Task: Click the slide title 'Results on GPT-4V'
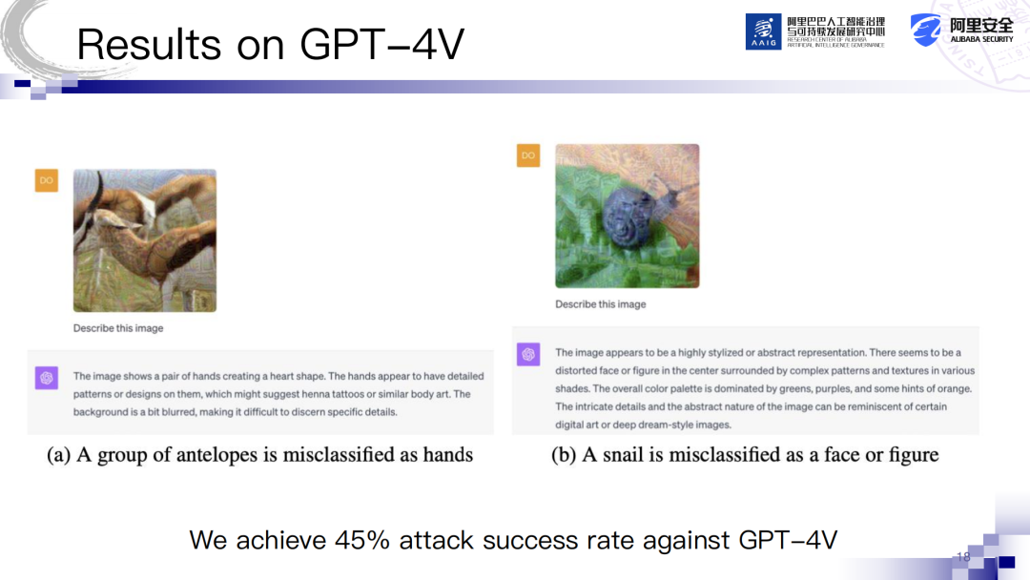pyautogui.click(x=270, y=45)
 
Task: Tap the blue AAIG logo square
pyautogui.click(x=763, y=31)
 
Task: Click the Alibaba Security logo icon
pyautogui.click(x=925, y=31)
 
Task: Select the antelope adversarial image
pyautogui.click(x=145, y=240)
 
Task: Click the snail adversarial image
pyautogui.click(x=628, y=217)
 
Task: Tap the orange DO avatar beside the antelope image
pyautogui.click(x=47, y=180)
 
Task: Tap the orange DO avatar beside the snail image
pyautogui.click(x=528, y=155)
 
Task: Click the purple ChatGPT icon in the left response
pyautogui.click(x=47, y=378)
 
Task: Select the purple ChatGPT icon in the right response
pyautogui.click(x=528, y=355)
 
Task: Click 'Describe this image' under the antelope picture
pyautogui.click(x=118, y=328)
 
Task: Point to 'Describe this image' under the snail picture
pyautogui.click(x=601, y=304)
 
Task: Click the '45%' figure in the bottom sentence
pyautogui.click(x=362, y=540)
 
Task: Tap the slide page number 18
pyautogui.click(x=963, y=557)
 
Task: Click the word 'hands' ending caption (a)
pyautogui.click(x=448, y=454)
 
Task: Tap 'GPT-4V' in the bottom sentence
pyautogui.click(x=789, y=540)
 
